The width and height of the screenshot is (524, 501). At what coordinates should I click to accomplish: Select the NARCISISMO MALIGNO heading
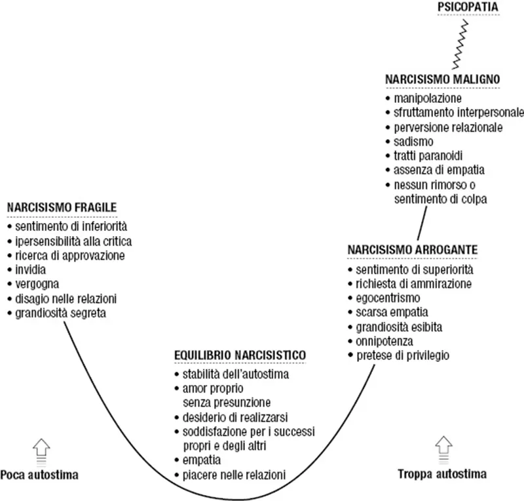443,79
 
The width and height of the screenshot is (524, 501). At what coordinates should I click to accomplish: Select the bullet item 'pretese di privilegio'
403,355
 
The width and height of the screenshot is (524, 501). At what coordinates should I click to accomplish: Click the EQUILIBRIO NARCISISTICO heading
240,355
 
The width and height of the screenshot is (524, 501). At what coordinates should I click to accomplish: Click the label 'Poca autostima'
39,474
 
